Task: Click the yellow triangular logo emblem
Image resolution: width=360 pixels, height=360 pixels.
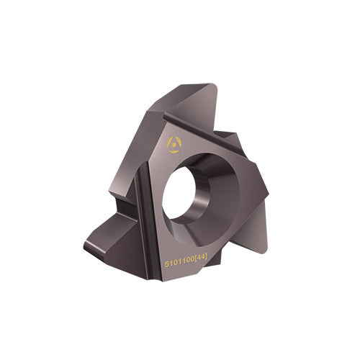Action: (x=175, y=145)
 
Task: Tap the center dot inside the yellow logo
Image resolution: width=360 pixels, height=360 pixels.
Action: (x=175, y=145)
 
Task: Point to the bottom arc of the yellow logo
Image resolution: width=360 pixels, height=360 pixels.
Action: (x=175, y=151)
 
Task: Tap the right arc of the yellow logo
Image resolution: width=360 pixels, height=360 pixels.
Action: (x=180, y=143)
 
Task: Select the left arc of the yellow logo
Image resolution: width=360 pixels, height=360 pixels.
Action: (x=170, y=144)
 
